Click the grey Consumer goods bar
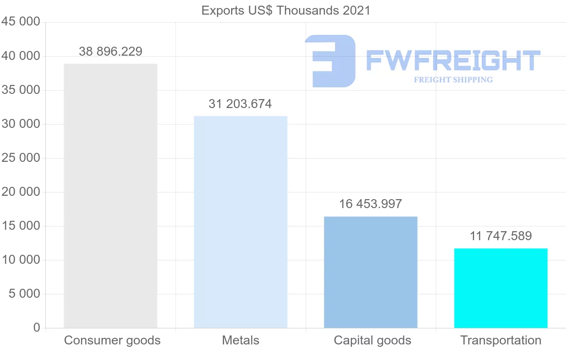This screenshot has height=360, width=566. [x=110, y=196]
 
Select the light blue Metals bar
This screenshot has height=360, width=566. [x=241, y=222]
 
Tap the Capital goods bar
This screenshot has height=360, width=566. [x=371, y=272]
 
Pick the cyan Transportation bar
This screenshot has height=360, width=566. [x=500, y=288]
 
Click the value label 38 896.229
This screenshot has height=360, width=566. [x=110, y=51]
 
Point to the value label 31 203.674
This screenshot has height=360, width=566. [x=240, y=104]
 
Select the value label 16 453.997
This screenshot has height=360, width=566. [x=370, y=204]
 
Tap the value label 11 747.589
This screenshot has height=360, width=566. [x=500, y=236]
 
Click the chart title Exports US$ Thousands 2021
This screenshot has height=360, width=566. [x=286, y=10]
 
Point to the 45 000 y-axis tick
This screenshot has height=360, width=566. [x=20, y=22]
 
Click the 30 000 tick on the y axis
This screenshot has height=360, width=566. [x=20, y=124]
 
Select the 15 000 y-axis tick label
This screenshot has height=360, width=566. [x=20, y=226]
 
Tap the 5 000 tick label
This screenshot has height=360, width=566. [x=24, y=294]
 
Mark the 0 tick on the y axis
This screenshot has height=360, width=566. [x=37, y=328]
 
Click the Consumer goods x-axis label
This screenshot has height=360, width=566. [x=112, y=340]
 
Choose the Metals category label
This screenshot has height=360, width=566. [x=241, y=340]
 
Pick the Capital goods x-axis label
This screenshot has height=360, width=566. [x=372, y=340]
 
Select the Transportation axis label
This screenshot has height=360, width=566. [x=500, y=340]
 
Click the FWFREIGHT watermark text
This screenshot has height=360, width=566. [x=453, y=60]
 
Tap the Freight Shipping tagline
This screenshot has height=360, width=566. [x=453, y=80]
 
